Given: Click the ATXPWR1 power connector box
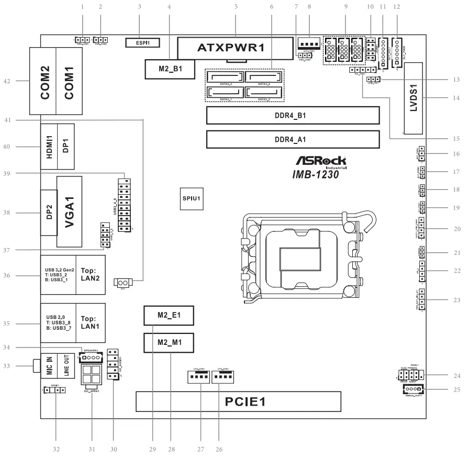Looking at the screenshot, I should pyautogui.click(x=235, y=49).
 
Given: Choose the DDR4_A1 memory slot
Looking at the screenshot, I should pyautogui.click(x=293, y=139).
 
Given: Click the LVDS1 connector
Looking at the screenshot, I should pyautogui.click(x=414, y=98).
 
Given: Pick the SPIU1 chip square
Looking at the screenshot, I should pyautogui.click(x=192, y=199).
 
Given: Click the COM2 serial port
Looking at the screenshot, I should pyautogui.click(x=45, y=81).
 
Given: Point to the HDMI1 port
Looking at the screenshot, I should pyautogui.click(x=49, y=147).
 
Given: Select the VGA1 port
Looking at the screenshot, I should pyautogui.click(x=70, y=211).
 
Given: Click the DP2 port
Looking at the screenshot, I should pyautogui.click(x=48, y=213).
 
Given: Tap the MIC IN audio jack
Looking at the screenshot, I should pyautogui.click(x=48, y=365).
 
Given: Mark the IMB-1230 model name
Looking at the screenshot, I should pyautogui.click(x=316, y=175).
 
